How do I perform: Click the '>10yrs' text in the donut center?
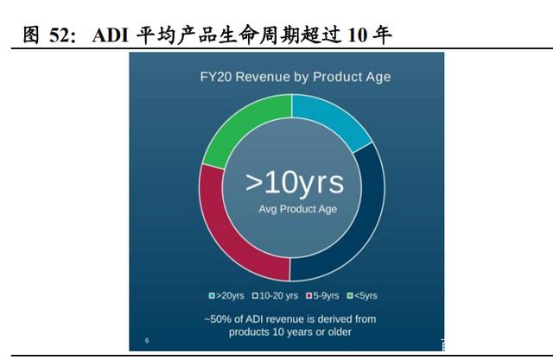coord(295,183)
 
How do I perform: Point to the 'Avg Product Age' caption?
coord(297,209)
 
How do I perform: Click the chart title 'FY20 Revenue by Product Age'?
coord(296,77)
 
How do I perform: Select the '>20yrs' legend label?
coord(230,295)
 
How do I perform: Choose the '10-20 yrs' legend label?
coord(278,295)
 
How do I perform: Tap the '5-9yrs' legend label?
coord(326,295)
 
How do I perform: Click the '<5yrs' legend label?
coord(365,295)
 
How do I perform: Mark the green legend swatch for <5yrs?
coord(350,295)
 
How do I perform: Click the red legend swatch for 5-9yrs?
coord(309,295)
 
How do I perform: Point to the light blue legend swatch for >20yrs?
coord(212,295)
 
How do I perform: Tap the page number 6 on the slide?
coord(147,340)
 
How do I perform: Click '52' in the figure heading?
coord(60,35)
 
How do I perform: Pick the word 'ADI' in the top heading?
coord(110,35)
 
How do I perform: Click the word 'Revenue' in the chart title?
coord(263,77)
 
